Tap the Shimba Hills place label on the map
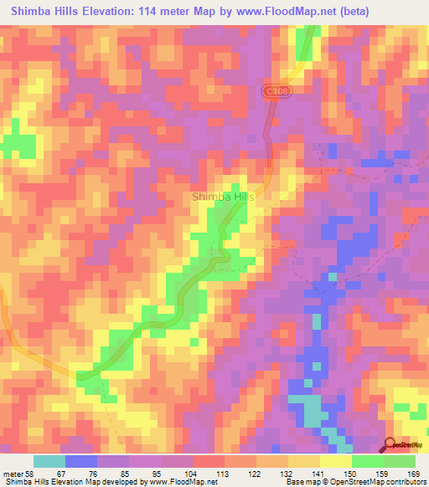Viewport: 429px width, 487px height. click(223, 197)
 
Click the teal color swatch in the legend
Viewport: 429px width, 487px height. click(49, 461)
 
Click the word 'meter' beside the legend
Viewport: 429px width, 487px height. click(14, 474)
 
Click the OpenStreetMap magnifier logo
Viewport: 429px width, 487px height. click(391, 445)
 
